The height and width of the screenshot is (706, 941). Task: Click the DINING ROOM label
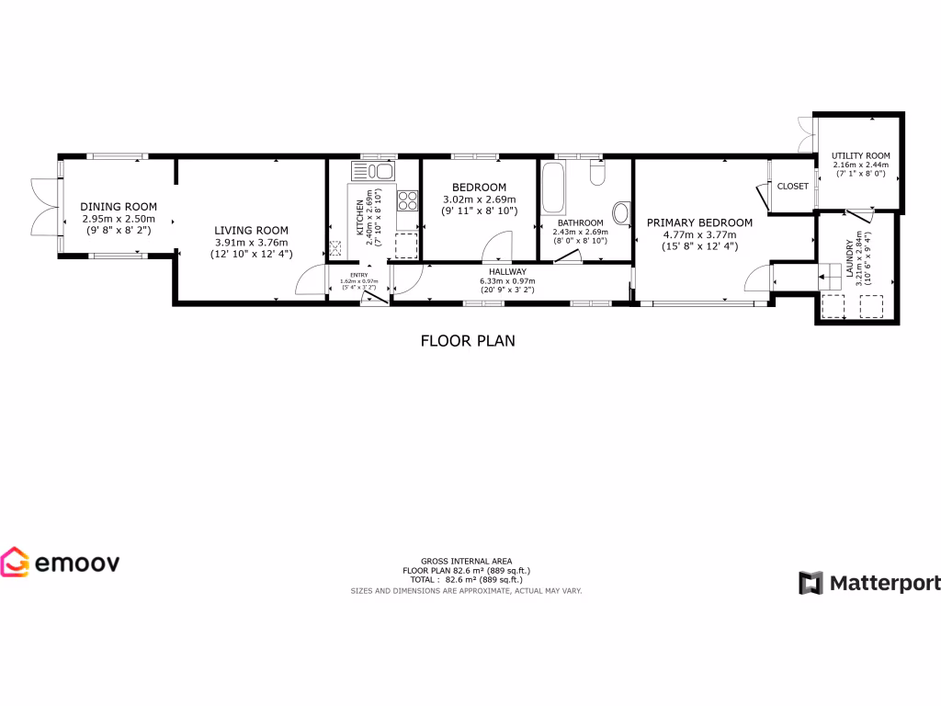118,207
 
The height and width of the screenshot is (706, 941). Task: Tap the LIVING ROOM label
251,231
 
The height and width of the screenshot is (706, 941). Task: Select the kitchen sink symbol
372,171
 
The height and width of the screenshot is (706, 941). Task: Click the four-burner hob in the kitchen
407,200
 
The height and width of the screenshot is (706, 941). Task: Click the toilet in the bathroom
598,173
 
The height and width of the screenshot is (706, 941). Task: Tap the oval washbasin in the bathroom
621,214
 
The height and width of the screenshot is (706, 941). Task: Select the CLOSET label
792,187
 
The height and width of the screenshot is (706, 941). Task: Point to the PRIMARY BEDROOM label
699,222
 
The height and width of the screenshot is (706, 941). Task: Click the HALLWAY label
506,272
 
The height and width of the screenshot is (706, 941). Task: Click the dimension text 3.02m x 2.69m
479,199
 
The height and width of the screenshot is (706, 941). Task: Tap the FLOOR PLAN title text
468,341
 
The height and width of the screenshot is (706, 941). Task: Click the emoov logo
60,562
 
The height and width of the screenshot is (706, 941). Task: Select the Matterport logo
868,583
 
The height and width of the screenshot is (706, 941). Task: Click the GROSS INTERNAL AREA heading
466,561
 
